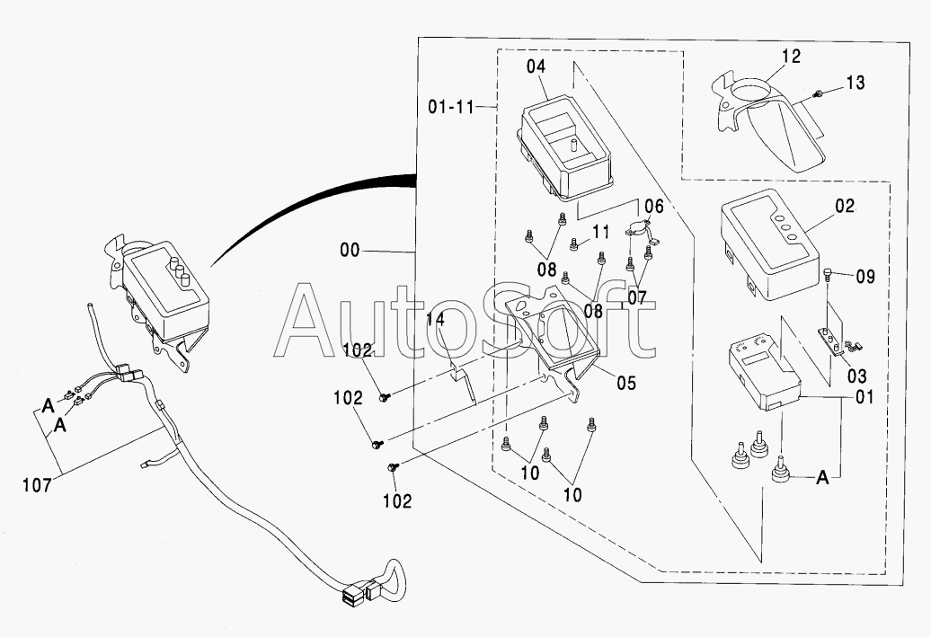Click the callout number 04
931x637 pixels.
point(536,66)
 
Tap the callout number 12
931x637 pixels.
point(792,57)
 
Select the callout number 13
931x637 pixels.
point(856,83)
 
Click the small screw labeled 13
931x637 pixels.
point(818,93)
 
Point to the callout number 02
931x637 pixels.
point(845,207)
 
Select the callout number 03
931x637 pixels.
point(856,376)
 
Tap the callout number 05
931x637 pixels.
point(625,383)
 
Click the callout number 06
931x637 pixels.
point(653,206)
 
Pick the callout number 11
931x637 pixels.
point(601,232)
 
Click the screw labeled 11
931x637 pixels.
point(573,243)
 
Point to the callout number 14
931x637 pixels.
point(435,320)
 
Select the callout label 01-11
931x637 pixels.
point(451,108)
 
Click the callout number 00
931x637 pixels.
point(350,251)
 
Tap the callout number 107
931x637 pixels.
point(37,486)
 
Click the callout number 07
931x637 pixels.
point(636,297)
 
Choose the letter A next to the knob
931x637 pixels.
point(822,477)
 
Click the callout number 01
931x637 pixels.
point(864,396)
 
